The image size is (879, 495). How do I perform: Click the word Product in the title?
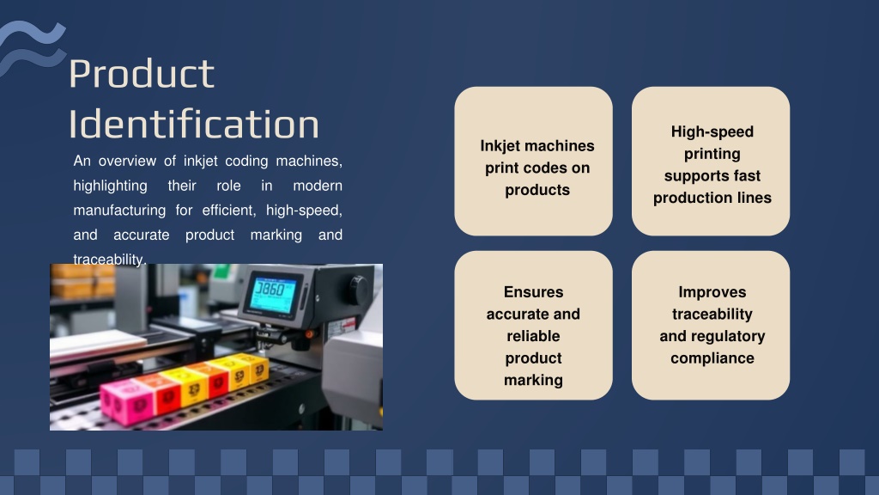pos(142,75)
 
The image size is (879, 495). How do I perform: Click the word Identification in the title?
pos(194,124)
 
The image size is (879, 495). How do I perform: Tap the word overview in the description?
pos(127,161)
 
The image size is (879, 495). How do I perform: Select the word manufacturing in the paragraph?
pos(119,211)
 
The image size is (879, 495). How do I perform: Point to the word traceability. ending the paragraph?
pos(109,260)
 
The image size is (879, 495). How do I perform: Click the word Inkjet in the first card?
pos(501,146)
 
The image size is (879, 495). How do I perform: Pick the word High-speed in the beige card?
pos(712,131)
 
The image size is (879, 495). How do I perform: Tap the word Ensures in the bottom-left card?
pos(533,292)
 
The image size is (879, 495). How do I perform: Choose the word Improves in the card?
pos(712,292)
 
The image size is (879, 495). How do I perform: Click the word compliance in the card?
pos(712,358)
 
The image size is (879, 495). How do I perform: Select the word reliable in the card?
pos(533,336)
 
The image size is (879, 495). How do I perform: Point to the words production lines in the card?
pos(712,198)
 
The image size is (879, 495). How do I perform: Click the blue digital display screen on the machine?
pos(273,294)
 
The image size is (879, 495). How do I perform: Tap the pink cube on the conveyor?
pos(127,400)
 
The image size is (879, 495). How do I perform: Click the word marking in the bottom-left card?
pos(533,381)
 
